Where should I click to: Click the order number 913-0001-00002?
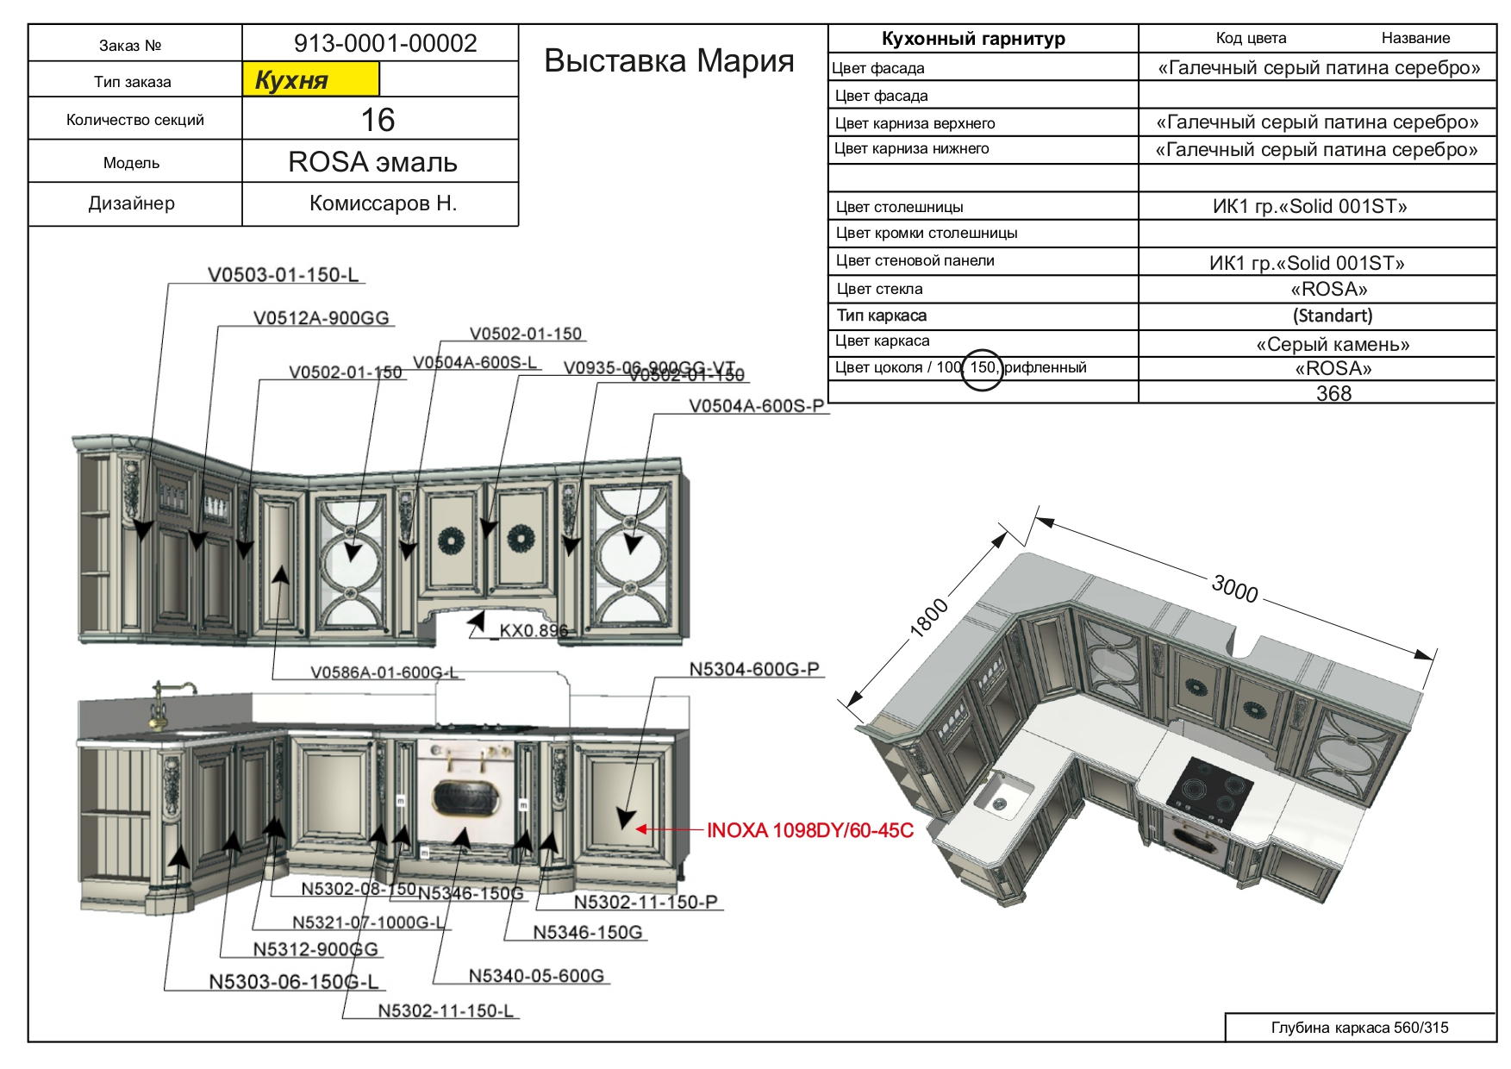tap(384, 43)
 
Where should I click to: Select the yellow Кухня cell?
tap(310, 80)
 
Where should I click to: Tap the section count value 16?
tap(378, 120)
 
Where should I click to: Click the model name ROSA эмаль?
tap(372, 162)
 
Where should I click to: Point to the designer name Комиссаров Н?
tap(383, 203)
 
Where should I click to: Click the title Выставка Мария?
tap(669, 60)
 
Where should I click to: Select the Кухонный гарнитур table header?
tap(973, 39)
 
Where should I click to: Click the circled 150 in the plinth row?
tap(982, 368)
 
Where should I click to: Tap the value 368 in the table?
tap(1333, 393)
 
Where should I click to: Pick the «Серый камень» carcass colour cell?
tap(1333, 344)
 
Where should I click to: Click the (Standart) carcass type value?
tap(1333, 316)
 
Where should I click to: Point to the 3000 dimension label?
tap(1235, 589)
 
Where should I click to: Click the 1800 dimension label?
tap(929, 618)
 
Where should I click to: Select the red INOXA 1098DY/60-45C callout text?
tap(809, 830)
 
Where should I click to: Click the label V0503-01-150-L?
tap(283, 275)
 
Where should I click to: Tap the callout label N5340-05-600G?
tap(535, 976)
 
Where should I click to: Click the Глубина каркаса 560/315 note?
tap(1359, 1028)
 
